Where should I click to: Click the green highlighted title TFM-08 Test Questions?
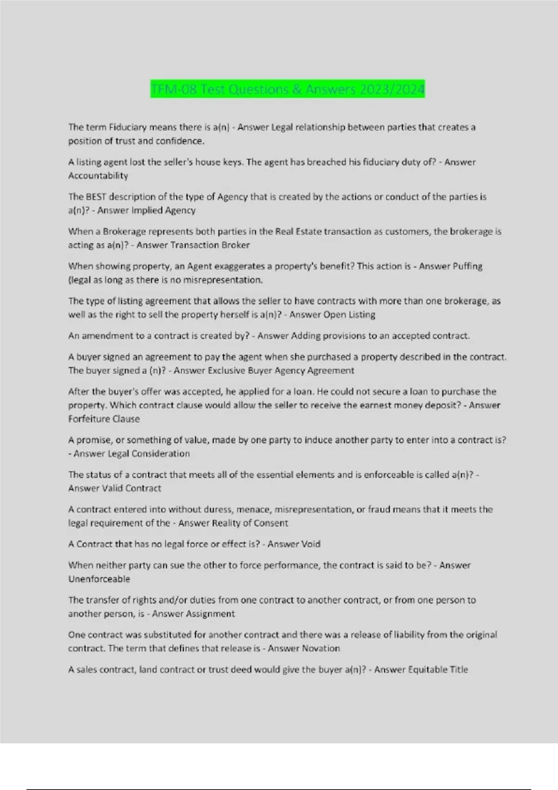287,89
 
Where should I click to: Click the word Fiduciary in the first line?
128,127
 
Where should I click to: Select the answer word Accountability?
98,176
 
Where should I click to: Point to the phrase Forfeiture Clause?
104,419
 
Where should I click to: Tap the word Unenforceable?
99,579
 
